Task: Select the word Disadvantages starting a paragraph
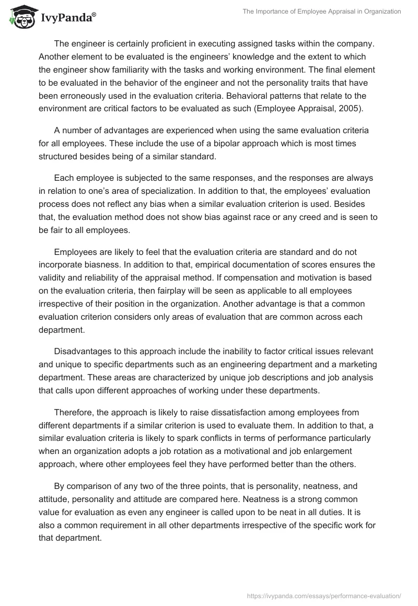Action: coord(84,351)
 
